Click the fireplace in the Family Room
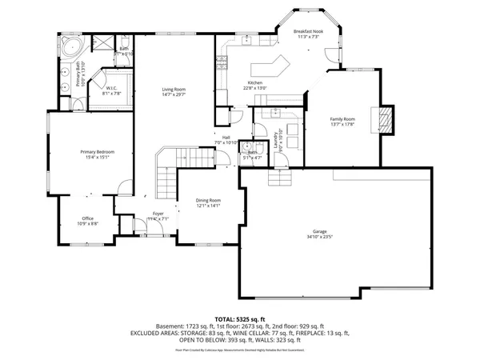pyautogui.click(x=386, y=119)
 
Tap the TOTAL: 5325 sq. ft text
pyautogui.click(x=239, y=318)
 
